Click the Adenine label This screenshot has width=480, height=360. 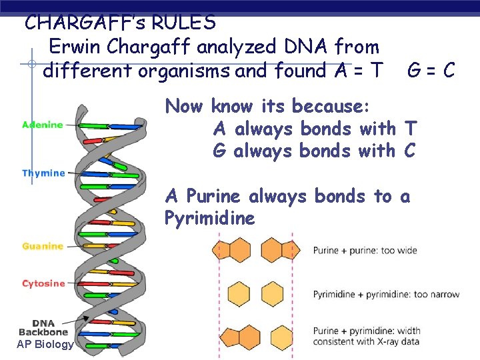click(x=43, y=125)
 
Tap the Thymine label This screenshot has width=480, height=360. click(x=43, y=173)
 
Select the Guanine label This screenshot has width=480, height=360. click(x=43, y=246)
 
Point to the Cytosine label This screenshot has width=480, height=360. click(x=43, y=283)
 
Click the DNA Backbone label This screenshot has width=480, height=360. click(x=43, y=327)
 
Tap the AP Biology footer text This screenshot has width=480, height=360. click(x=45, y=344)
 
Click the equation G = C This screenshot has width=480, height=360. click(x=431, y=70)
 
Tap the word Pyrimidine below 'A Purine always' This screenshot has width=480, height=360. click(x=210, y=219)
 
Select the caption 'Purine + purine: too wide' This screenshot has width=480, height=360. click(x=365, y=251)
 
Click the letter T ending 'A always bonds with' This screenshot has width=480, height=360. click(x=411, y=128)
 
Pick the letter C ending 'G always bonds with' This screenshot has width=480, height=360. click(x=409, y=151)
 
